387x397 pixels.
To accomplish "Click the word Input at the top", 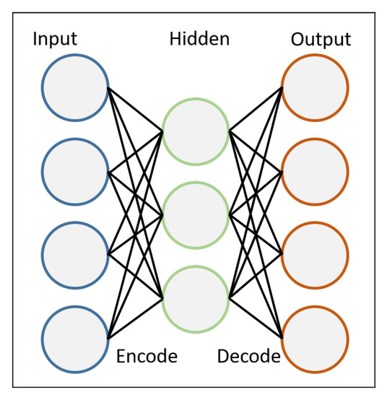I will tap(54, 38).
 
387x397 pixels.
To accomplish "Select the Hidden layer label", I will tap(199, 38).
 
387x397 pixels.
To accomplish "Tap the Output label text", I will tap(321, 38).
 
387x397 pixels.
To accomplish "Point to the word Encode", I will tap(147, 357).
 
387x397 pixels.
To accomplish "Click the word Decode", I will tap(248, 357).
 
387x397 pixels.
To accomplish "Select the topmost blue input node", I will tap(75, 88).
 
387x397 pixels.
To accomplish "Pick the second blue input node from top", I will tap(75, 172).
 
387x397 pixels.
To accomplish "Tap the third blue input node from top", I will tap(75, 255).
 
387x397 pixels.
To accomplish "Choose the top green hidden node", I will tap(196, 131).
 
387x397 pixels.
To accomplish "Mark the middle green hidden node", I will tap(196, 214).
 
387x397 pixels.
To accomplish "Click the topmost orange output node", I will tap(316, 88).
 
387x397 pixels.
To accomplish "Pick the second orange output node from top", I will tap(316, 172).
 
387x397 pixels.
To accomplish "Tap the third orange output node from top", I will tap(316, 255).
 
